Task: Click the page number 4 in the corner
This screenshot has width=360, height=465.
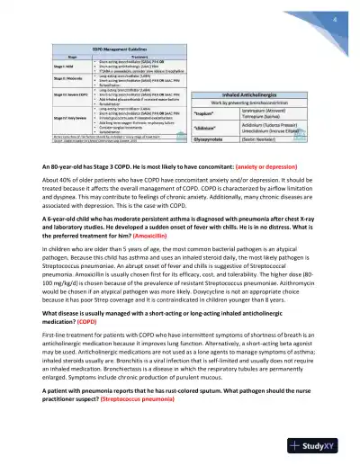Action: tap(335, 20)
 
